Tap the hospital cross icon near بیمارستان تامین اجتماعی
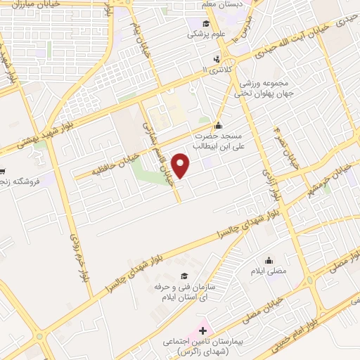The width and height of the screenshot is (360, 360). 203,329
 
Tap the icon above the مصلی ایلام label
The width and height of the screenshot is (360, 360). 269,259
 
